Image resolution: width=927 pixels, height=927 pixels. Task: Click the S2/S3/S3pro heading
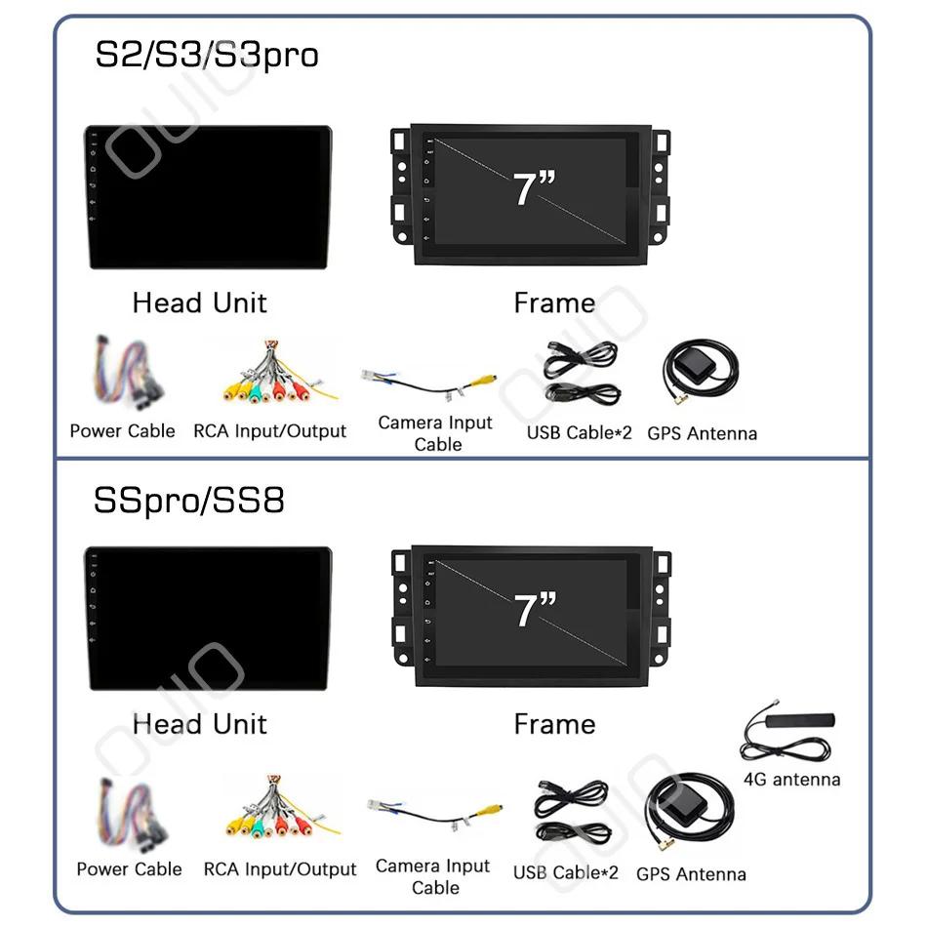point(207,56)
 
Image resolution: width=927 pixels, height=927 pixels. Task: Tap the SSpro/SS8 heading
point(189,501)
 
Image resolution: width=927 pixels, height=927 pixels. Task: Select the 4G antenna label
point(791,780)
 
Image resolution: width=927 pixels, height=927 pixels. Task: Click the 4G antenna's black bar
point(800,720)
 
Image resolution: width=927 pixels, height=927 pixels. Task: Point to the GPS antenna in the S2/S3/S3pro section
point(702,371)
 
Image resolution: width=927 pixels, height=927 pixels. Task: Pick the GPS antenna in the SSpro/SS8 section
point(689,811)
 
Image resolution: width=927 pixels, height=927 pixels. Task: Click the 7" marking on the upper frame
point(534,189)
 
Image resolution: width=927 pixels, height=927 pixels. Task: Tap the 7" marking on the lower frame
point(535,610)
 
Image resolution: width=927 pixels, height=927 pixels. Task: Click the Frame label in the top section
point(554,303)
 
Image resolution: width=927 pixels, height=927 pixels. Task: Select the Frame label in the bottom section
point(554,724)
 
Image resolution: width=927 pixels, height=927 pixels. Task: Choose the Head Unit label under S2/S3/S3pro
point(200,302)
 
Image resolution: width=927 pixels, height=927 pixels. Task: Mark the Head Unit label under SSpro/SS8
point(200,724)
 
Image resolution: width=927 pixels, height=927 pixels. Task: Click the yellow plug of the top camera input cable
point(486,381)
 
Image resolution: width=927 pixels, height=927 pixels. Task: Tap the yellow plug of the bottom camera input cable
point(491,811)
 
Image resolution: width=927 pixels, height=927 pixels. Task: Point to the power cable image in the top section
point(127,373)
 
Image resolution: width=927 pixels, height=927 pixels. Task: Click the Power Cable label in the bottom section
point(130,869)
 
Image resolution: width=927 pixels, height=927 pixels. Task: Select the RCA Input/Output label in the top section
point(269,431)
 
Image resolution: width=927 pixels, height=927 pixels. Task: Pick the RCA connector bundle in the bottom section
point(281,808)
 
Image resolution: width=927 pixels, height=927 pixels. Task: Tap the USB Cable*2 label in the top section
point(580,432)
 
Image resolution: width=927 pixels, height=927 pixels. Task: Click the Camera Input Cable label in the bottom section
point(433,877)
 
